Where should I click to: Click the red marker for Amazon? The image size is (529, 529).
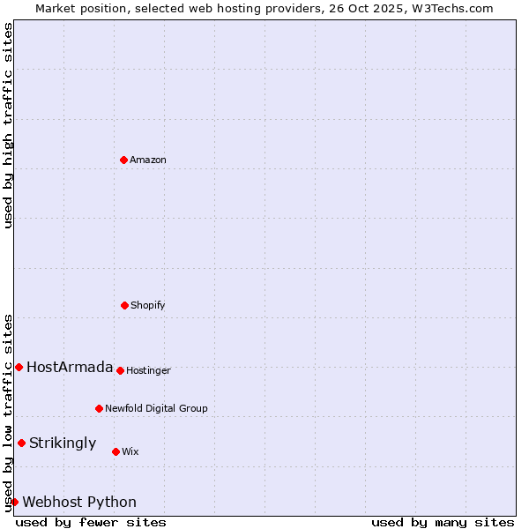(123, 160)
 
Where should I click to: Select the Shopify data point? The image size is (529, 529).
(124, 305)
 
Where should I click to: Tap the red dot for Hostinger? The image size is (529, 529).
(120, 370)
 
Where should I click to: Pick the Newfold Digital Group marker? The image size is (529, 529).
(99, 408)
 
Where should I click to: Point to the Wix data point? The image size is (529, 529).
(115, 451)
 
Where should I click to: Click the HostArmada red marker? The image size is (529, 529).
(19, 367)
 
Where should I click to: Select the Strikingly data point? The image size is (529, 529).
(21, 443)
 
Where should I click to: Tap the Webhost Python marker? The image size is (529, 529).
(14, 502)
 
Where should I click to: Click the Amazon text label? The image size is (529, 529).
(148, 160)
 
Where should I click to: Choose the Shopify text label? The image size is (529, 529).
(148, 305)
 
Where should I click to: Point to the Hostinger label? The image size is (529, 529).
(148, 370)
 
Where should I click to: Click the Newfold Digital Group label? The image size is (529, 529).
(156, 408)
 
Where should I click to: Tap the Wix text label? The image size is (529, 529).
(130, 451)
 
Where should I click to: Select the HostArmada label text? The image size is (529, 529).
(70, 367)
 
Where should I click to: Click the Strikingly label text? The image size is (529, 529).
(63, 443)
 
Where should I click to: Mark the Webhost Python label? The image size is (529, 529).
(79, 502)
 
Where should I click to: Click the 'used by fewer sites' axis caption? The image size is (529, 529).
(91, 522)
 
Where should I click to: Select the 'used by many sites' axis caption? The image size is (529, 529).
(443, 522)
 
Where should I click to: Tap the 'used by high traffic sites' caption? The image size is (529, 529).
(8, 125)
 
